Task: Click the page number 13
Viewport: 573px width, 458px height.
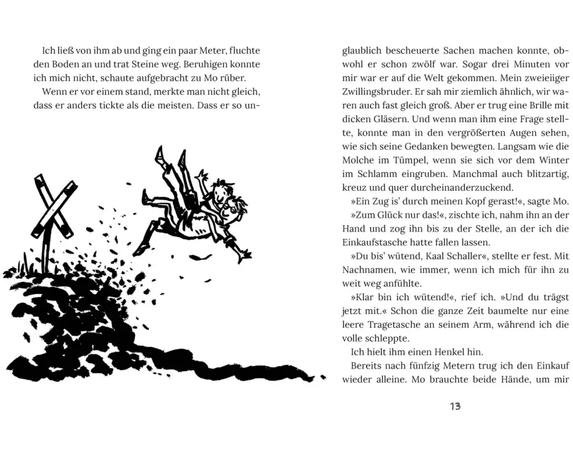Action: pos(455,406)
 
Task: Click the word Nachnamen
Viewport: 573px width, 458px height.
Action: pos(367,269)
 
